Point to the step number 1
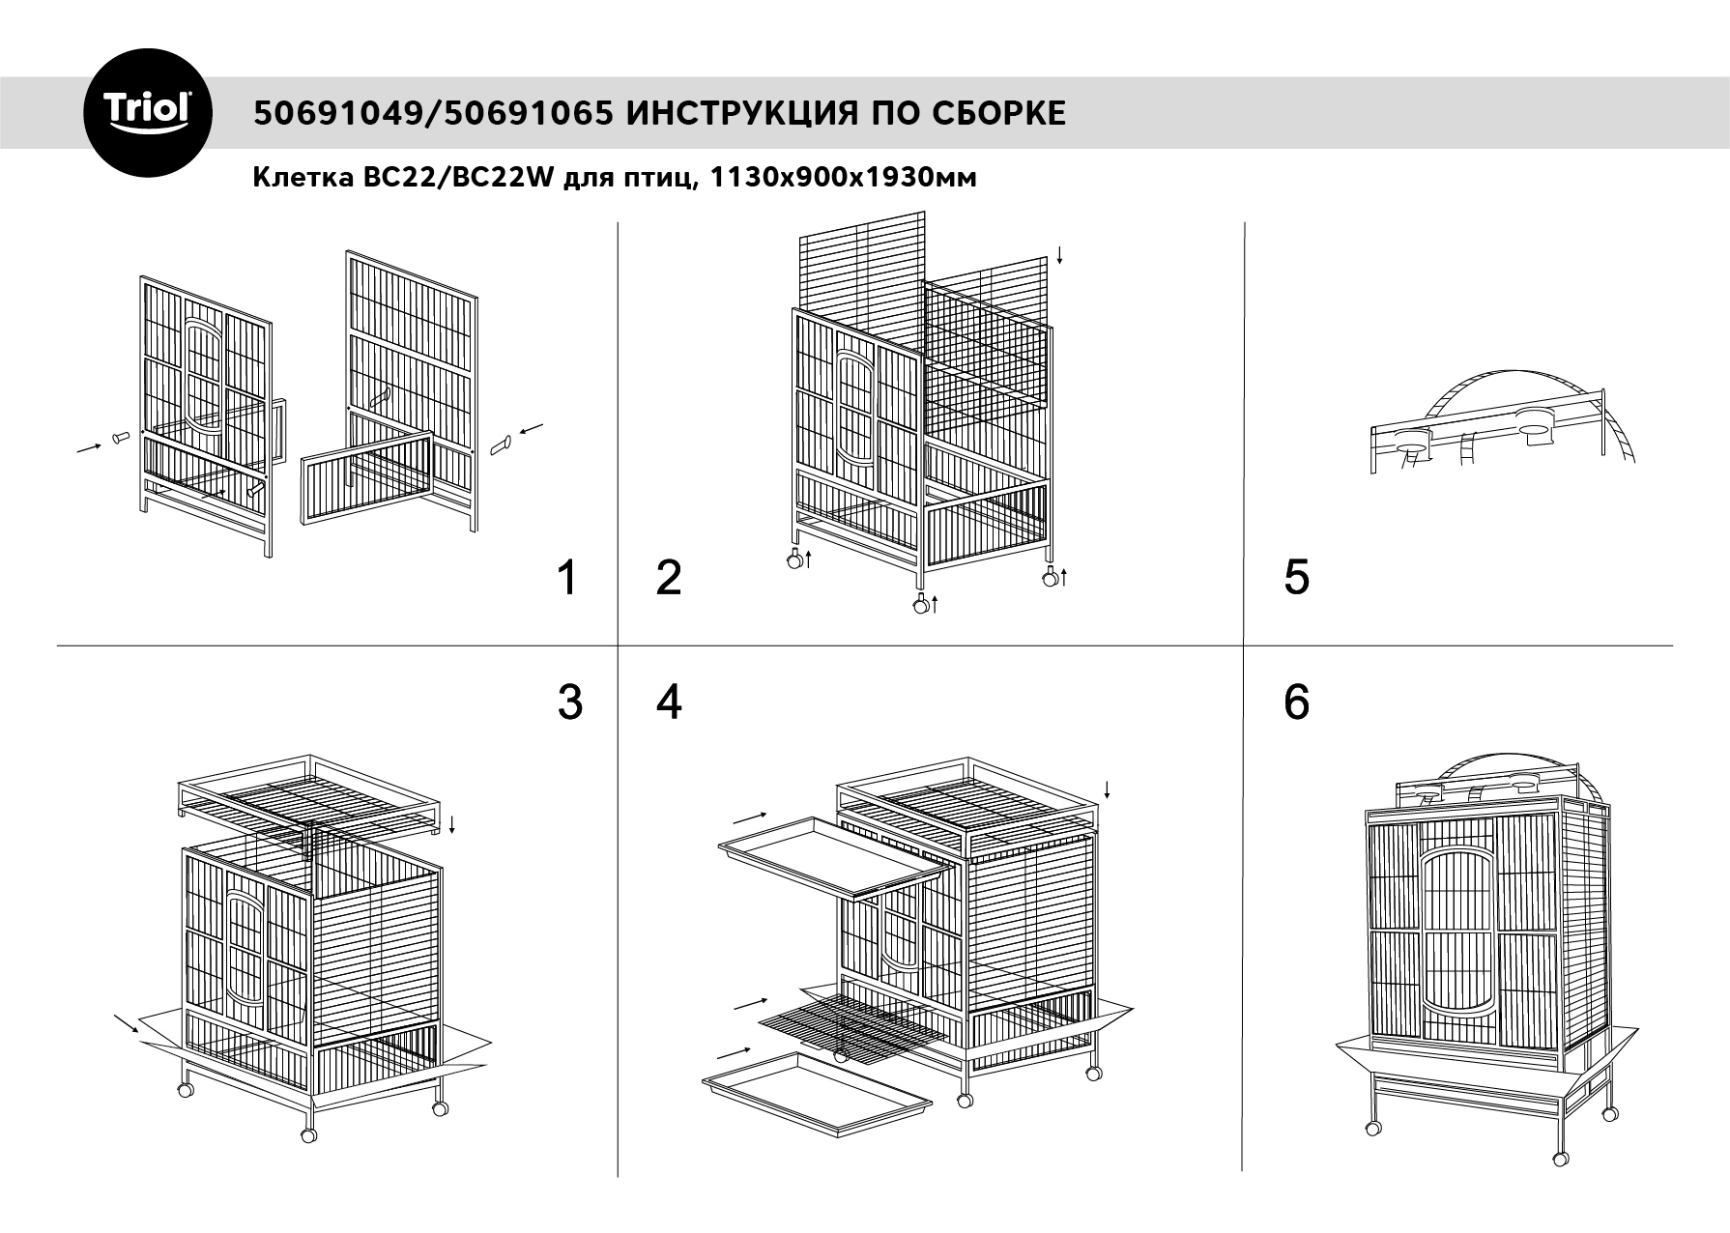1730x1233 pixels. click(x=568, y=578)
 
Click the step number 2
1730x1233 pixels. click(x=669, y=578)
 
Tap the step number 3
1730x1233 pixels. click(x=570, y=703)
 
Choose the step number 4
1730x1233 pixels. click(x=669, y=703)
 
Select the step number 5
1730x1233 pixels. click(x=1297, y=578)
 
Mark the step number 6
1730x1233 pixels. click(x=1297, y=703)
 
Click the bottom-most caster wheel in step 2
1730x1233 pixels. click(x=921, y=606)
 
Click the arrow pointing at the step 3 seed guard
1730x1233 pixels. click(x=126, y=1023)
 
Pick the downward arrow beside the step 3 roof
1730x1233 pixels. click(x=452, y=824)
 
